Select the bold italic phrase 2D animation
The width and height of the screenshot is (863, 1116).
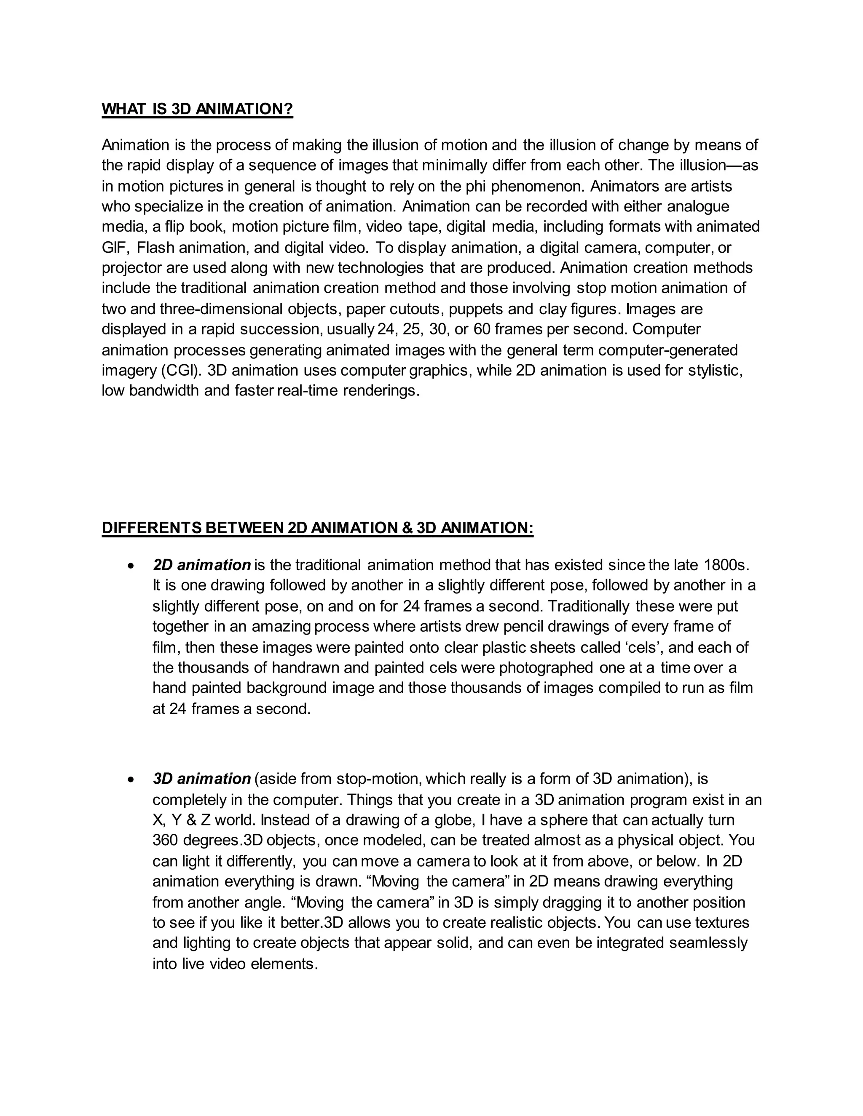(201, 565)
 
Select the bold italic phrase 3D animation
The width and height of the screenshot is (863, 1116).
(201, 779)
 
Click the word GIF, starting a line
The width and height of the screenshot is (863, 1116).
(115, 248)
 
